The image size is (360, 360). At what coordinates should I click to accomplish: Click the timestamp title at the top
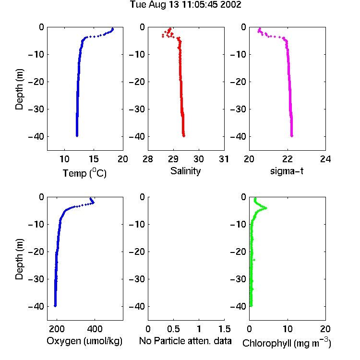(185, 5)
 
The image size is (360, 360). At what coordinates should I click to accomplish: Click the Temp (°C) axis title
(84, 173)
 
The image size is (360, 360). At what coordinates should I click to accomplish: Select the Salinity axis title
(185, 171)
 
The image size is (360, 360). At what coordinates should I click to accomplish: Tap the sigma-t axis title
(287, 171)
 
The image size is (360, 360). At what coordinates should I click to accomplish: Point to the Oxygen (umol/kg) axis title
(84, 341)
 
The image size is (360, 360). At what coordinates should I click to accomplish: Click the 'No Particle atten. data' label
(185, 341)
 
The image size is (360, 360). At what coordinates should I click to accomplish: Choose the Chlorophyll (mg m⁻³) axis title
(287, 343)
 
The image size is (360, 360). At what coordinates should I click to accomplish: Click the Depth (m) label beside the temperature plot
(19, 89)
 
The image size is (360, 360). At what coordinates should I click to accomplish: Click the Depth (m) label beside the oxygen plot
(19, 259)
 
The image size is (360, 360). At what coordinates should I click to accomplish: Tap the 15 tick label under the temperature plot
(94, 159)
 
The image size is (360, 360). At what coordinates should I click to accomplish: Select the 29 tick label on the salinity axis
(173, 159)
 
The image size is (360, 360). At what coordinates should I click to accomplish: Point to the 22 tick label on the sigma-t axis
(287, 159)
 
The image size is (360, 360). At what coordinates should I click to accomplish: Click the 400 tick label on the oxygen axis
(95, 329)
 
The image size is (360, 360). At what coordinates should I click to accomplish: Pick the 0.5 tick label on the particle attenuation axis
(173, 329)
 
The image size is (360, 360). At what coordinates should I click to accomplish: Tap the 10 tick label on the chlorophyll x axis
(288, 329)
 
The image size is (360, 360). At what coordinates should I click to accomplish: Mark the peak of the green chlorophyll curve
(266, 208)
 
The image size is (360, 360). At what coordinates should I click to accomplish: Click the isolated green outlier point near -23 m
(254, 260)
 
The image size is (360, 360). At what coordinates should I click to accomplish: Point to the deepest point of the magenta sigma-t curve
(292, 136)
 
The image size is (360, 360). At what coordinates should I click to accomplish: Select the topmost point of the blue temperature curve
(112, 29)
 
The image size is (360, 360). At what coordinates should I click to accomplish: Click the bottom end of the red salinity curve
(184, 136)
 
